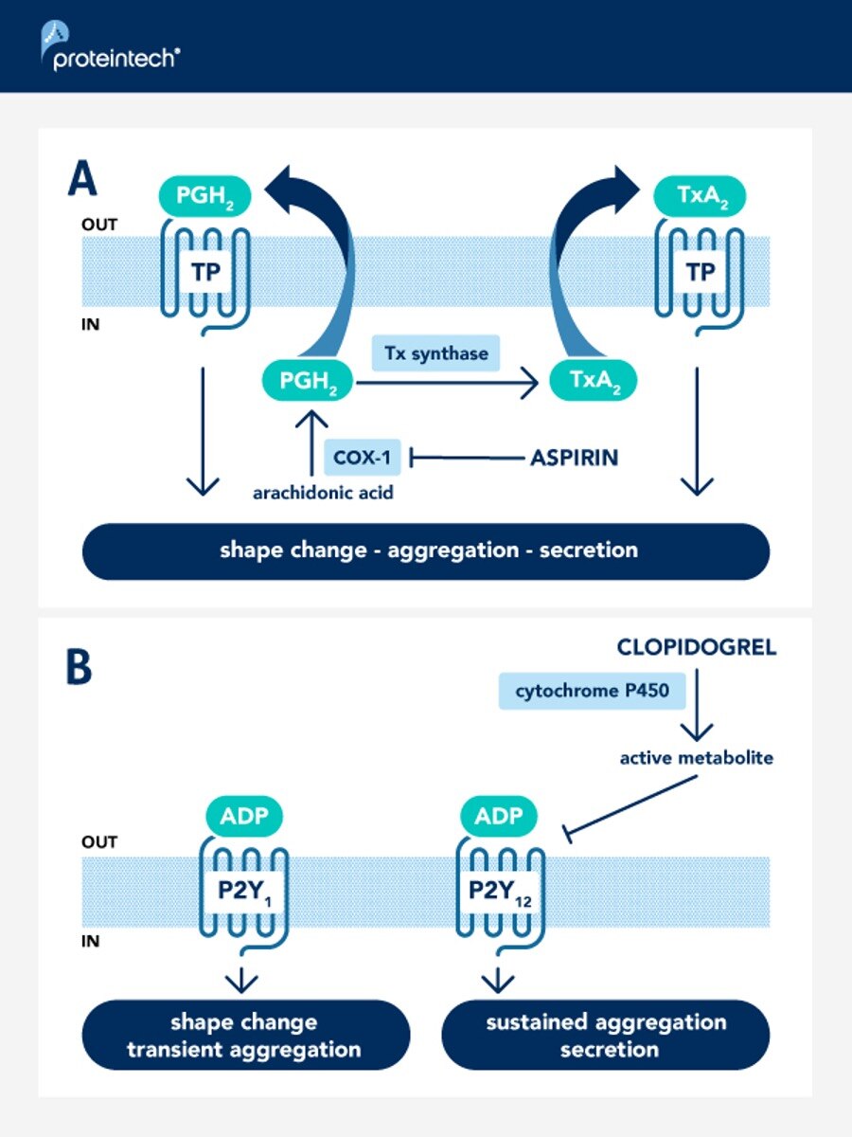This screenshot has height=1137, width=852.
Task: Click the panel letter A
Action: click(x=82, y=179)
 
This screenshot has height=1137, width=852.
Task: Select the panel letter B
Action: click(x=79, y=667)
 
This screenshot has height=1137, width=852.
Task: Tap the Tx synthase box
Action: click(x=436, y=353)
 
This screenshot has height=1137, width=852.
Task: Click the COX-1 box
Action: click(x=362, y=458)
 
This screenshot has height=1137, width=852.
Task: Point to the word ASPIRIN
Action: click(x=574, y=458)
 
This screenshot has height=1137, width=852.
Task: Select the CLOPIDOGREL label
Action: click(x=696, y=648)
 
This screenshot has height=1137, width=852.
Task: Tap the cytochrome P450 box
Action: click(x=592, y=691)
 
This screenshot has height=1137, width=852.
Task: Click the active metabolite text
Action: click(x=697, y=758)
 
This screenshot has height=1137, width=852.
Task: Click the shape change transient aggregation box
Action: click(x=246, y=1035)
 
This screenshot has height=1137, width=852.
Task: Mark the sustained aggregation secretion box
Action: click(x=606, y=1035)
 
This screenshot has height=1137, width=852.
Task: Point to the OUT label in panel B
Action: click(x=100, y=841)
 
